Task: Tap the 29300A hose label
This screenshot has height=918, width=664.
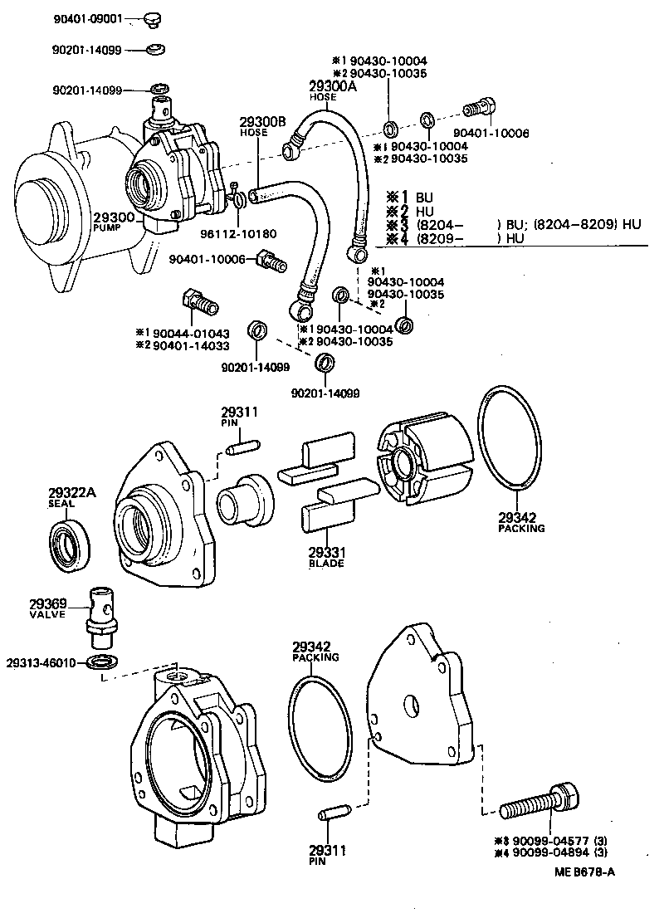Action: click(324, 89)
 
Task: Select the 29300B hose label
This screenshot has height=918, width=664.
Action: click(263, 126)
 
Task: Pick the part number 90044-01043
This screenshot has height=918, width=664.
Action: click(190, 333)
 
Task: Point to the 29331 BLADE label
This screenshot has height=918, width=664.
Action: click(326, 556)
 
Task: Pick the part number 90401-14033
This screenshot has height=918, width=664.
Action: click(190, 345)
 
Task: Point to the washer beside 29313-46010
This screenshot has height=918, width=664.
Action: click(100, 662)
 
